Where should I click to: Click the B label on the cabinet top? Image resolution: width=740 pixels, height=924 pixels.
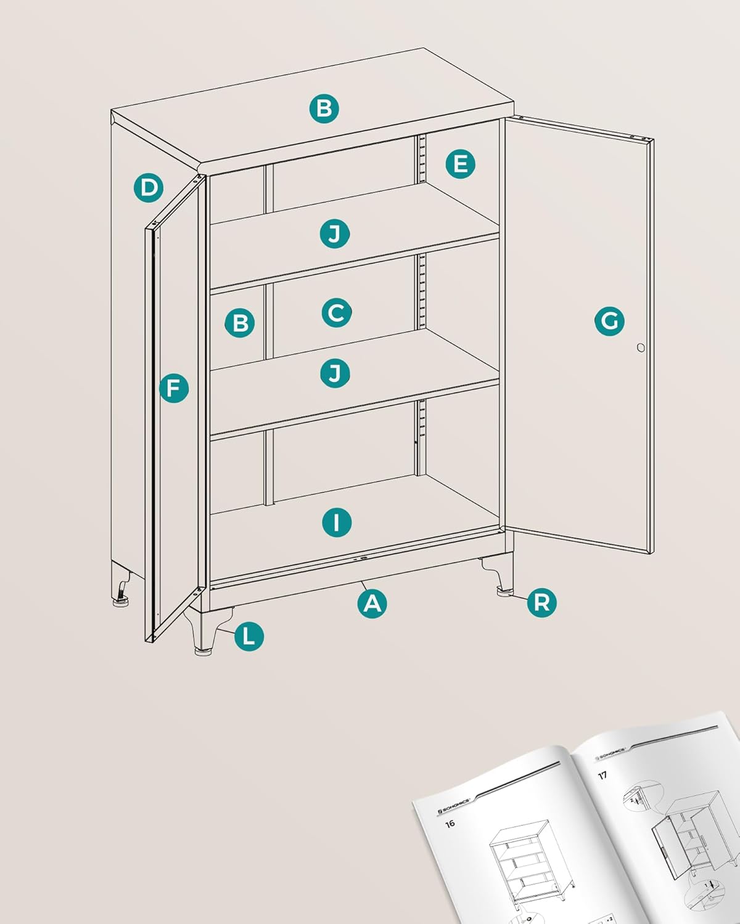click(324, 108)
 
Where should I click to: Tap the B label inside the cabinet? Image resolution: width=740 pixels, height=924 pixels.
click(240, 322)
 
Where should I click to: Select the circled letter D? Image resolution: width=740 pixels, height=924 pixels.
click(149, 187)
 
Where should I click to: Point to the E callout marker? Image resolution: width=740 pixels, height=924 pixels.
click(460, 164)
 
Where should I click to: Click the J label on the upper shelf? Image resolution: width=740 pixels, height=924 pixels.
click(335, 233)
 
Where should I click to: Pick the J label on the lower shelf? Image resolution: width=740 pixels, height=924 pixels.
click(335, 373)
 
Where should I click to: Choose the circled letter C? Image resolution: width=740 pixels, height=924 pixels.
click(337, 313)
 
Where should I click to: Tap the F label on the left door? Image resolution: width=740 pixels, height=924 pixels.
click(174, 389)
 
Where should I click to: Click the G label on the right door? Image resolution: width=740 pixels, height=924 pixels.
click(609, 321)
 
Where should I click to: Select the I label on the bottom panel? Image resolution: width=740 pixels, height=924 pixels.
click(337, 522)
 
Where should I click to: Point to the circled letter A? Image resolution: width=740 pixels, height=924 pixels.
click(372, 603)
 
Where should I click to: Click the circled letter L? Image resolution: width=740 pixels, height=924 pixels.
click(249, 636)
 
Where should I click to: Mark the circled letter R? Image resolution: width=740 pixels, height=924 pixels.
click(542, 602)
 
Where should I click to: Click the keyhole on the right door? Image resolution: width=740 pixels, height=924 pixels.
click(641, 348)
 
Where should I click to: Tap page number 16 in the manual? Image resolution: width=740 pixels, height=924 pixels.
click(450, 824)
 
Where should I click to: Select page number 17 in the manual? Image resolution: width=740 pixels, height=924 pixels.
click(602, 776)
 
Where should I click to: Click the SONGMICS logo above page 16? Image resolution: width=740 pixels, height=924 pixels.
click(454, 806)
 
